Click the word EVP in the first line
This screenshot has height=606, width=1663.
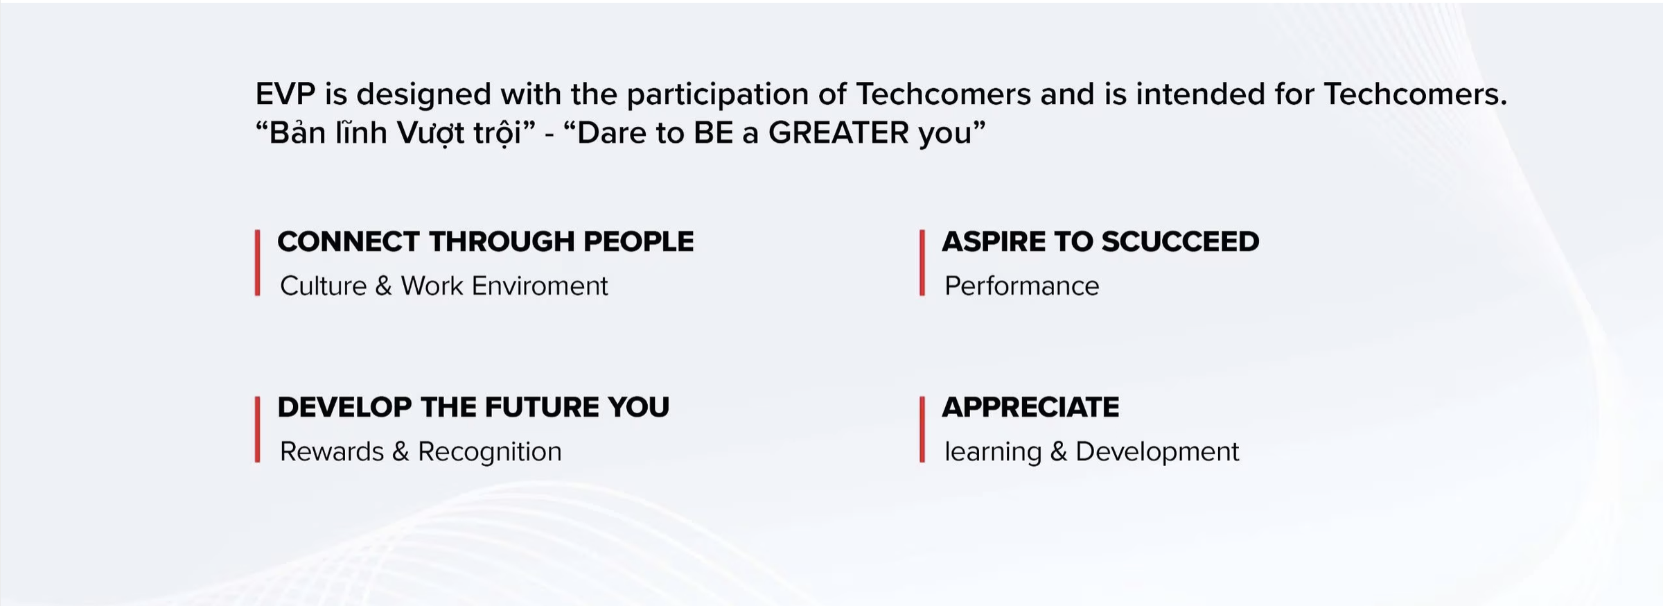point(285,94)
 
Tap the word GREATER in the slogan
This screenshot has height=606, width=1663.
point(838,132)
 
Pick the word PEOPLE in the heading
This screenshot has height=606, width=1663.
point(638,241)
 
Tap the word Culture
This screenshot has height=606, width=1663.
point(323,286)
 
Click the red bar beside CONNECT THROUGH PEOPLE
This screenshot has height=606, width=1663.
point(258,263)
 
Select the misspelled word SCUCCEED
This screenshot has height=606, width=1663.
point(1180,241)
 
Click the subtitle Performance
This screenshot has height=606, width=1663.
point(1021,286)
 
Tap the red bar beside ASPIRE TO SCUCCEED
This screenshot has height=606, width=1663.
point(922,263)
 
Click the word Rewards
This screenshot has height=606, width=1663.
point(331,451)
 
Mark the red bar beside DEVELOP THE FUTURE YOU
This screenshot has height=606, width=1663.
point(258,429)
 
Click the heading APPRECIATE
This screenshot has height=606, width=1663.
point(1030,407)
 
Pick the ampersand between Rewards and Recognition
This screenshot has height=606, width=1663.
point(401,452)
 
